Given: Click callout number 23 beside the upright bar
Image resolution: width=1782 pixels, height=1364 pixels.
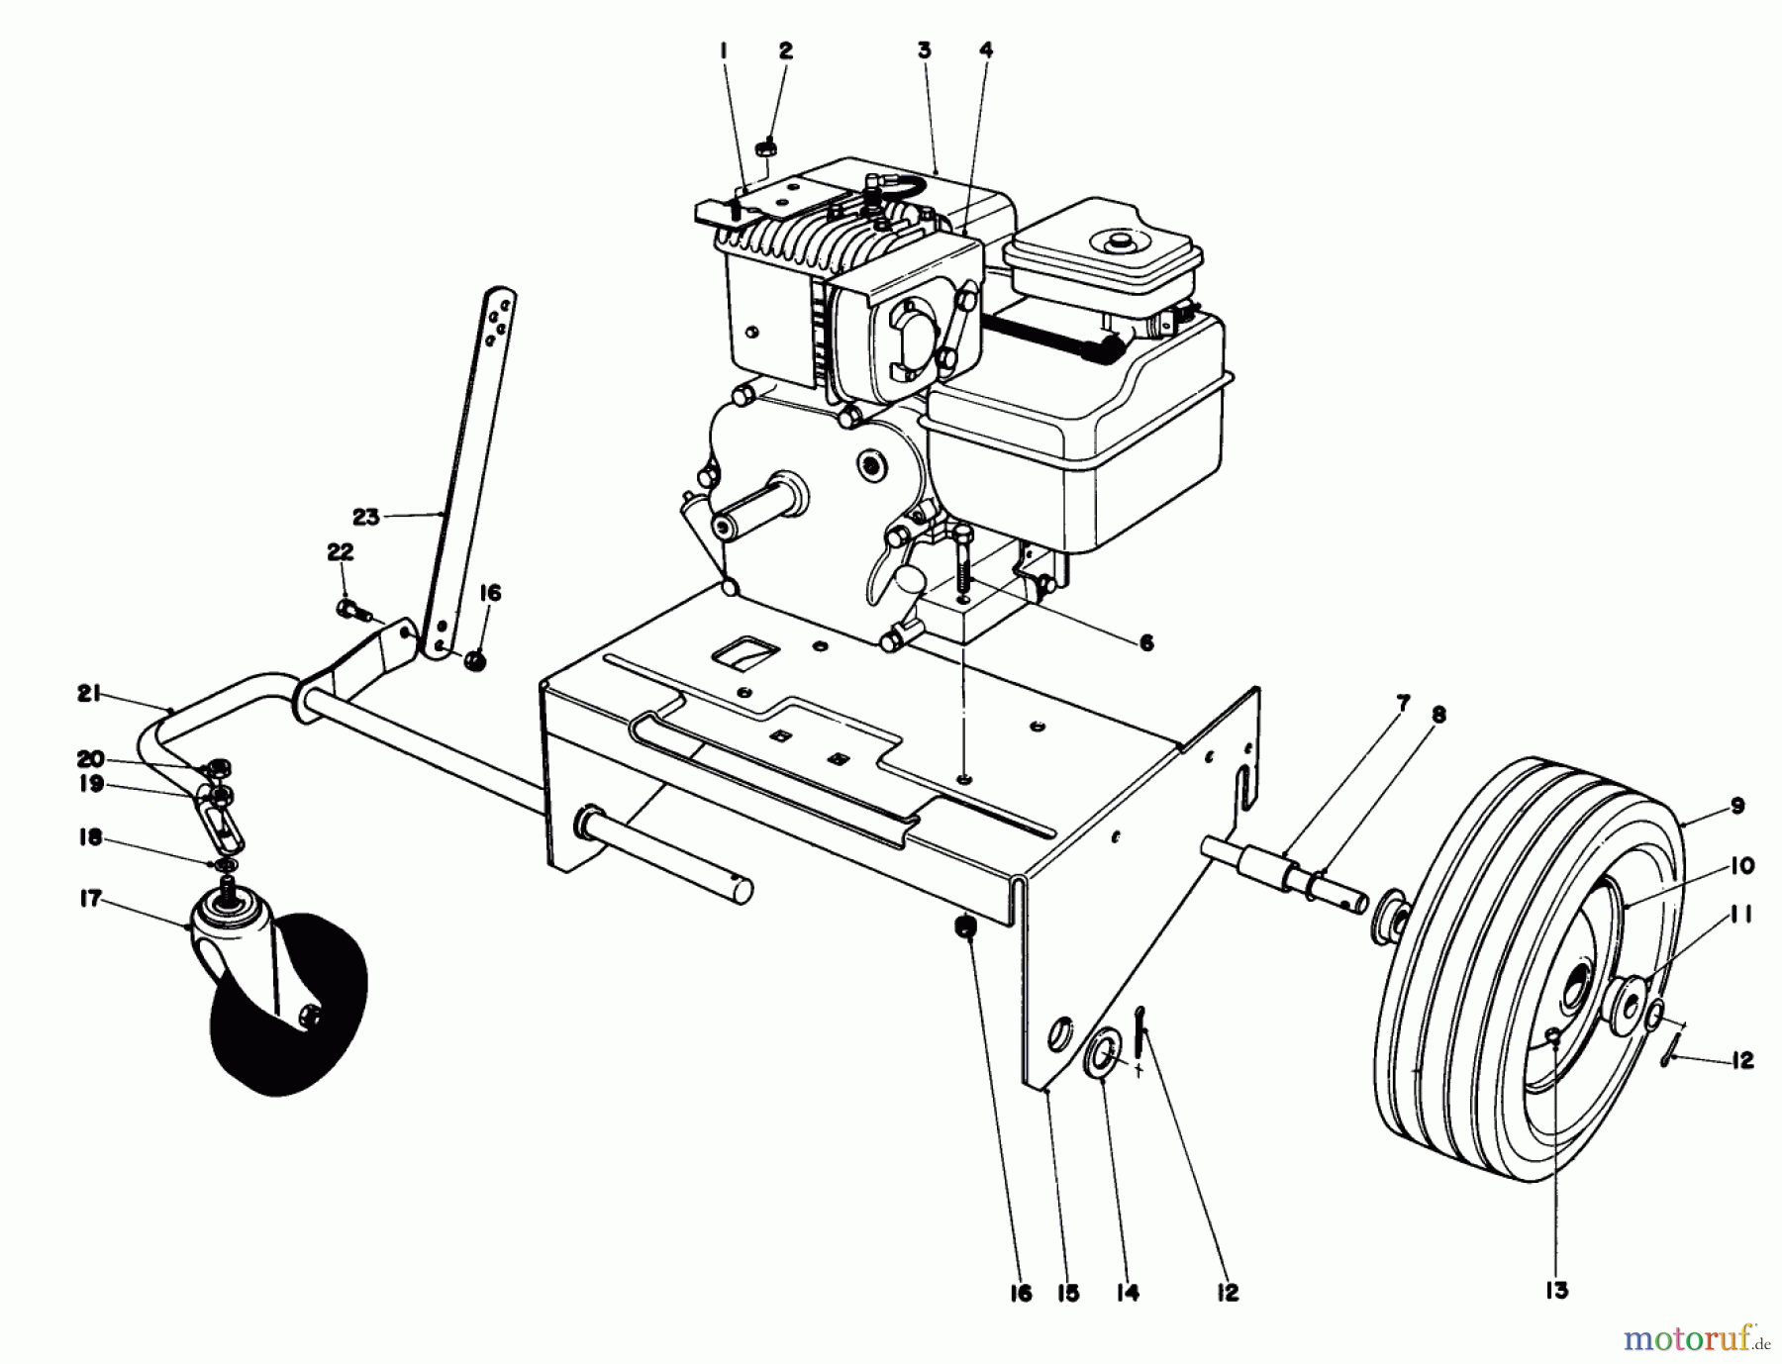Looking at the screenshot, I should coord(365,515).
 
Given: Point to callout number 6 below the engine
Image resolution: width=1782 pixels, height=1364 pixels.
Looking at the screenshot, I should coord(1145,643).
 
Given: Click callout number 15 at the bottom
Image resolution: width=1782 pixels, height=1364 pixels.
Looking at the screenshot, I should coord(1067,1293).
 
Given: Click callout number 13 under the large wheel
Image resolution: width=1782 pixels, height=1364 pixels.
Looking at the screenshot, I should coord(1556,1291).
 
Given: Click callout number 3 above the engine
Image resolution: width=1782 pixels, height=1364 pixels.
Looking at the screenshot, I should coord(924,50).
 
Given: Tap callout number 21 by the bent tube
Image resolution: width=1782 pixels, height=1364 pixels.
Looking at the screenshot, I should coord(89,696).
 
